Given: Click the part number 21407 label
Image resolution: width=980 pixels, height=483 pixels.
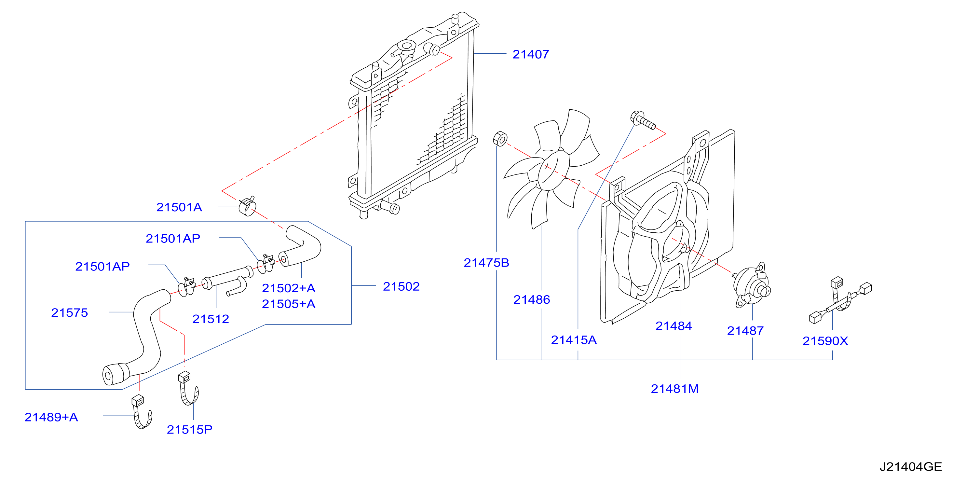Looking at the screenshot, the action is click(531, 54).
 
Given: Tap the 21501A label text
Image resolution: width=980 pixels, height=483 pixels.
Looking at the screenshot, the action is click(179, 207).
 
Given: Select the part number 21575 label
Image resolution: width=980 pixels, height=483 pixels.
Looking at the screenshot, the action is click(70, 312).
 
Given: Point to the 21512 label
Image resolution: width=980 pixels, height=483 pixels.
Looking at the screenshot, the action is click(211, 319).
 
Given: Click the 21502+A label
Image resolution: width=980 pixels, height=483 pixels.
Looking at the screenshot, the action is click(289, 288).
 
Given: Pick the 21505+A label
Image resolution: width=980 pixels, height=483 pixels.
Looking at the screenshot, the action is click(289, 304).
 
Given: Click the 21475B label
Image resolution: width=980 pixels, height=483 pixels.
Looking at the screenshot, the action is click(486, 263).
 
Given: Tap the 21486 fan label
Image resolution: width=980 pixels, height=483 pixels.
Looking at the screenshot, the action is click(532, 299).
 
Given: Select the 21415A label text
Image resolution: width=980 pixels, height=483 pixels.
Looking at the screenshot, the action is click(574, 340).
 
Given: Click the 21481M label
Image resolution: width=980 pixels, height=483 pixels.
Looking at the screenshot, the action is click(675, 389).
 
